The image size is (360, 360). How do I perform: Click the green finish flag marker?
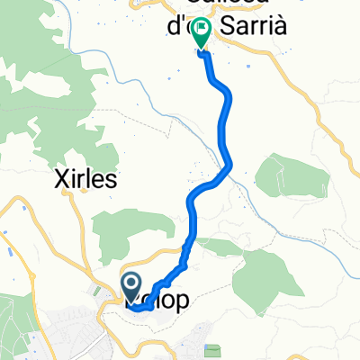pyautogui.click(x=200, y=35)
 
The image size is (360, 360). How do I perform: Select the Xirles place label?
pyautogui.click(x=82, y=179)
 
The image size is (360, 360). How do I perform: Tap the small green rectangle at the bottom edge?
pyautogui.click(x=213, y=350)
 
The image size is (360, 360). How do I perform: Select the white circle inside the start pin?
pyautogui.click(x=131, y=285)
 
